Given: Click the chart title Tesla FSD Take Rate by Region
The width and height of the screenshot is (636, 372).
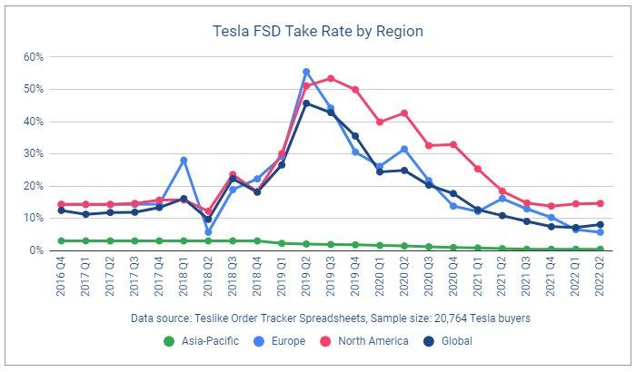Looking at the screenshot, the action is point(318,31).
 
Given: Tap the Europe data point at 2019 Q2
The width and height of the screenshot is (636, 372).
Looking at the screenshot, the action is point(306,72).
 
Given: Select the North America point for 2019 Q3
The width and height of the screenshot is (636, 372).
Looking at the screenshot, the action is point(331,78).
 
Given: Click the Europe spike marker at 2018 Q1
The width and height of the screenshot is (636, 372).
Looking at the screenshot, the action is point(184,160).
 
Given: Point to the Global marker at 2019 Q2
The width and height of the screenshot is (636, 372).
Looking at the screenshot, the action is point(306,103).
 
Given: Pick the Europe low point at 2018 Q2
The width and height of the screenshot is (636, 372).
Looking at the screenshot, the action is point(208,232).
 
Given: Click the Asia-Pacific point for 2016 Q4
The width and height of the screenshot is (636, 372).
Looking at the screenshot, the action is point(61,240).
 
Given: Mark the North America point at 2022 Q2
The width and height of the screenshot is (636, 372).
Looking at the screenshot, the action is point(601,203).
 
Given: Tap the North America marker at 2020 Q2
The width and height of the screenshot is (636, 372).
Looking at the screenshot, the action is point(404,113).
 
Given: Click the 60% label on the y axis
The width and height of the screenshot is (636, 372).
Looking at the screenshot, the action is point(34,57).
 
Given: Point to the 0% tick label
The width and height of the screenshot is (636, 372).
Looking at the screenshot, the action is point(36,250).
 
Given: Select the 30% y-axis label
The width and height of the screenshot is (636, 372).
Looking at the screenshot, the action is point(34,153).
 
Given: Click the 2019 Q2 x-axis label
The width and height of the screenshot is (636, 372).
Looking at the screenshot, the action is point(306,277).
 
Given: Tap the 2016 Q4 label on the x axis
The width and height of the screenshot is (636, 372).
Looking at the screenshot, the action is point(61,277).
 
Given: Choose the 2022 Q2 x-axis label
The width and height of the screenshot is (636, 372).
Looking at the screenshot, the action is point(601,277).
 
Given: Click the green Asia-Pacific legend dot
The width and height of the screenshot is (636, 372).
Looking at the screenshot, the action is point(169,341).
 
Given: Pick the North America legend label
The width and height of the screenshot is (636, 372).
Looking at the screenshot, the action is point(373,341).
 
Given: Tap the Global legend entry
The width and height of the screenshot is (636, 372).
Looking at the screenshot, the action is point(448,341).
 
